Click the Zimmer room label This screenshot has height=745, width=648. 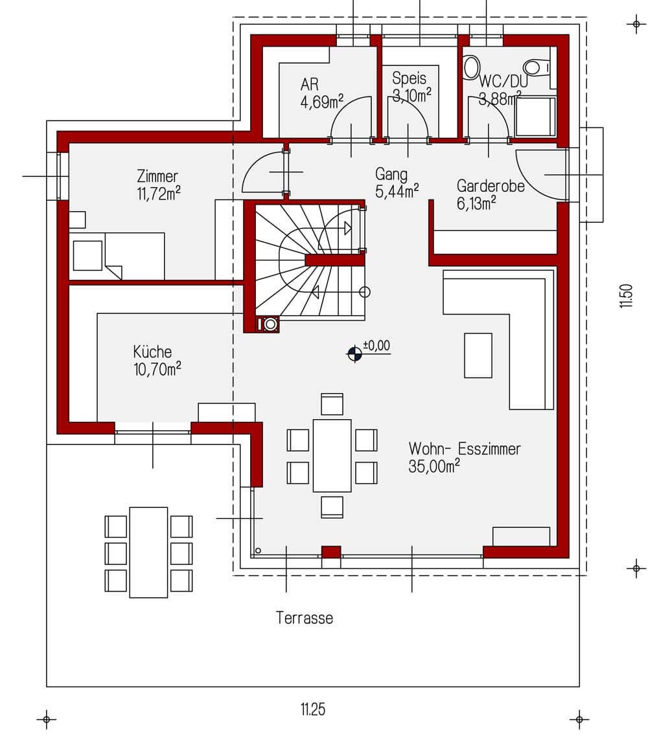click(157, 176)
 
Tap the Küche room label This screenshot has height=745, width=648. click(152, 352)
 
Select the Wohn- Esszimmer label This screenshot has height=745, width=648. click(465, 449)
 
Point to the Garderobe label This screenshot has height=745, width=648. click(491, 186)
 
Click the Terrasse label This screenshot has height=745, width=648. click(305, 618)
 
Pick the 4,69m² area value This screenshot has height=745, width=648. click(322, 102)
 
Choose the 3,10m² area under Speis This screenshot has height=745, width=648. click(411, 95)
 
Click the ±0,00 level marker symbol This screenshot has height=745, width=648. click(354, 354)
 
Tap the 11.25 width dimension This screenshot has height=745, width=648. click(313, 709)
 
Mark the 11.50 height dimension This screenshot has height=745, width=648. click(626, 296)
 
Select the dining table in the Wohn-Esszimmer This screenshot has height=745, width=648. click(332, 455)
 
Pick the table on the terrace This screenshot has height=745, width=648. click(148, 552)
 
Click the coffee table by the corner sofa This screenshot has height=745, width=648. click(478, 355)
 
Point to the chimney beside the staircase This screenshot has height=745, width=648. click(267, 325)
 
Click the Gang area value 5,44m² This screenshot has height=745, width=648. click(397, 192)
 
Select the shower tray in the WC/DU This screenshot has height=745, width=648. click(536, 117)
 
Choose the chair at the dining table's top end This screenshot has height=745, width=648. click(332, 404)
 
